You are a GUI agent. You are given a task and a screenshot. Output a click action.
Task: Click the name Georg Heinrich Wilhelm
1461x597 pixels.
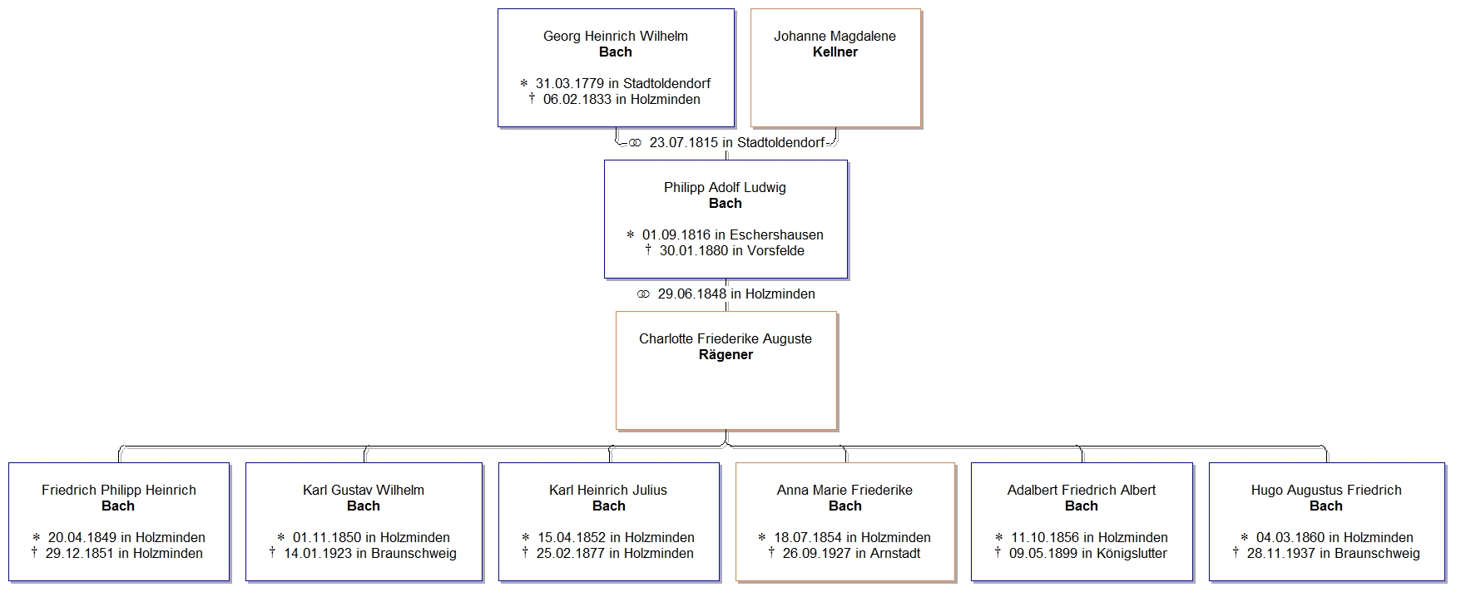click(x=615, y=36)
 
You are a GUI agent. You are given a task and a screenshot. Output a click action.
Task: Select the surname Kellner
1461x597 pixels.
click(x=835, y=52)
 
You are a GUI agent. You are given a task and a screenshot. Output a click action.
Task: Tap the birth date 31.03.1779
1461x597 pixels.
click(x=570, y=83)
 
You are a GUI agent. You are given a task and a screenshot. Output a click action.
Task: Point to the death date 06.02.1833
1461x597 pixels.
click(x=577, y=99)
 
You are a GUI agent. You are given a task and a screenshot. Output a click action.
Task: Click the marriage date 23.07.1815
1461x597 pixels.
click(x=683, y=142)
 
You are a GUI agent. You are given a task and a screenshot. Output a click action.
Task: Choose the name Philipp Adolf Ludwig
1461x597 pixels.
click(x=725, y=187)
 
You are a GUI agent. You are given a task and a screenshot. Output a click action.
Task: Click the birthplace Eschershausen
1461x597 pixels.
click(x=776, y=234)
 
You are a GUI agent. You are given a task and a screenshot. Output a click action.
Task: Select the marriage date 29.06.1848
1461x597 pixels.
click(x=692, y=294)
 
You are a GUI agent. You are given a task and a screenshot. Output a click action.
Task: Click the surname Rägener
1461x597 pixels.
click(x=726, y=354)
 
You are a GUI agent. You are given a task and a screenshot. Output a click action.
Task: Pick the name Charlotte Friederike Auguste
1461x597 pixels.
click(x=726, y=338)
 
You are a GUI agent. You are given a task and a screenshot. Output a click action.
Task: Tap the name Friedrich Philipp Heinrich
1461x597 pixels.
click(x=119, y=490)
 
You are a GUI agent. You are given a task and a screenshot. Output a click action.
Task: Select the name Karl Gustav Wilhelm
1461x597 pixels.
click(x=364, y=490)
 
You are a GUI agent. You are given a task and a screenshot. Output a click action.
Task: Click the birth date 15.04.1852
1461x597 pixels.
click(x=572, y=537)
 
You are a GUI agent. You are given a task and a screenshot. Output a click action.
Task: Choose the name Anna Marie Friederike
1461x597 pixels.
click(x=844, y=490)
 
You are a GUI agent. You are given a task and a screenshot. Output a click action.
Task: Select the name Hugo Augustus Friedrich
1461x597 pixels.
click(x=1326, y=490)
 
